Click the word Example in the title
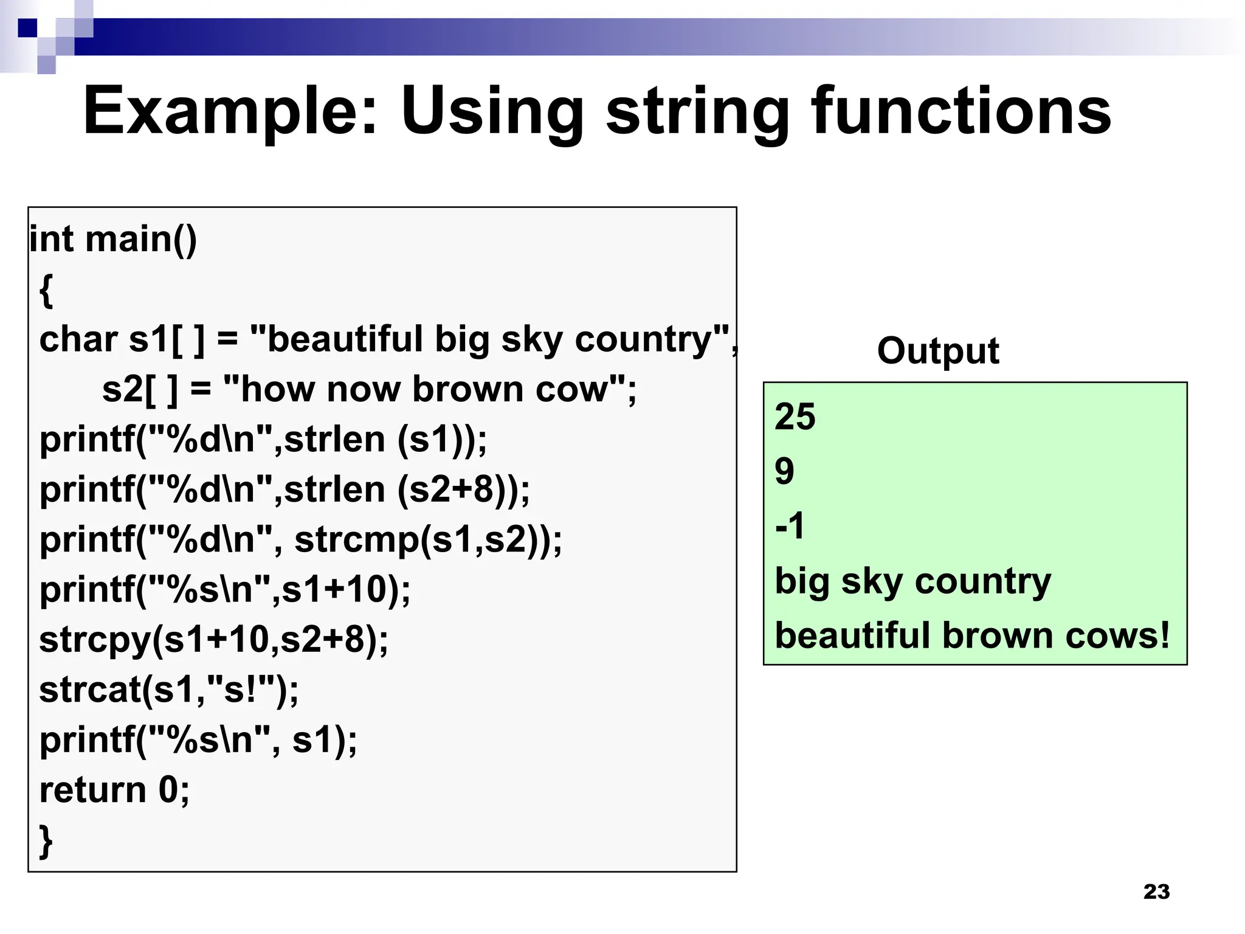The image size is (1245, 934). point(230,112)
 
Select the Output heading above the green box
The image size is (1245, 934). point(937,351)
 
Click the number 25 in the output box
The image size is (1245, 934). point(795,417)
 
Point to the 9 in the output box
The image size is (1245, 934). point(784,471)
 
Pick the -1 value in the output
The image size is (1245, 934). point(790,525)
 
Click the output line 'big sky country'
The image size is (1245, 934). point(912,581)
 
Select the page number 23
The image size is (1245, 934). point(1156,891)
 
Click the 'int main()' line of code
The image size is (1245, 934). point(113,239)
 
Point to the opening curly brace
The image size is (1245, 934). point(46,290)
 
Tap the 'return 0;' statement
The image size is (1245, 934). point(114,790)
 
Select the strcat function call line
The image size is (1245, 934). point(169,690)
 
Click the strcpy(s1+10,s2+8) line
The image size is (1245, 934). point(213,640)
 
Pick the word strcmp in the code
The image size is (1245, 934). point(356,540)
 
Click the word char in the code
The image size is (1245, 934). point(78,339)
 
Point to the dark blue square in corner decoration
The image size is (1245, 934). point(28,28)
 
